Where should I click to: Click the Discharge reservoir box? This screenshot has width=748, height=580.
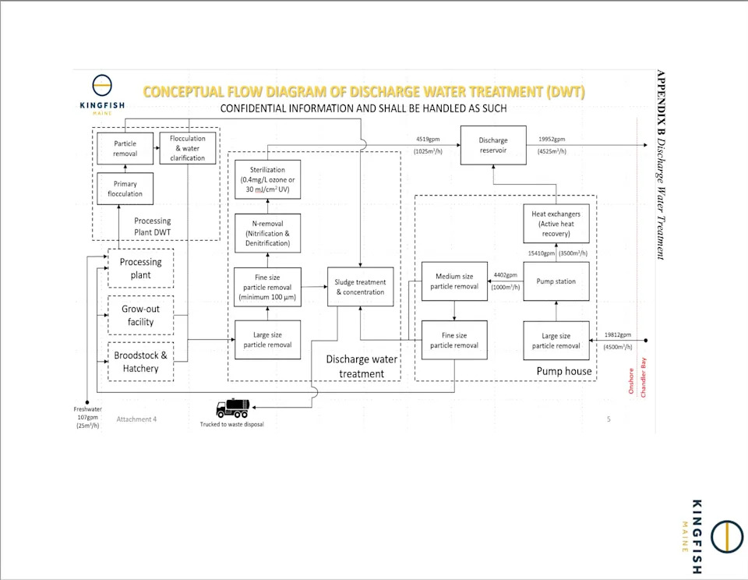pos(493,145)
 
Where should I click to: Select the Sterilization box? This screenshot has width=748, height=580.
pos(267,179)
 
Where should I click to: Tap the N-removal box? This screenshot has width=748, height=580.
pos(267,233)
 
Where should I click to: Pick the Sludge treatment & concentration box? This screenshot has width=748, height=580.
pos(361,287)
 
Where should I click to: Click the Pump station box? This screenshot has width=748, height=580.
pos(556,281)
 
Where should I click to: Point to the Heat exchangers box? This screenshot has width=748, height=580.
pos(556,224)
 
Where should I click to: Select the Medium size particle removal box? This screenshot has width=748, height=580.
pos(454,281)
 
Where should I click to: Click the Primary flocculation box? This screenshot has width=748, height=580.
pos(125,189)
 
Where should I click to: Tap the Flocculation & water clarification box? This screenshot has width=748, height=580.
pos(188,148)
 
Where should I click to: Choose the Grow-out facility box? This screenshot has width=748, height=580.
pos(141,315)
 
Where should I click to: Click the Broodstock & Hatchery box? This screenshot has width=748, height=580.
pos(141,362)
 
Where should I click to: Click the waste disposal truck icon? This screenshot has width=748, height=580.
pos(233,408)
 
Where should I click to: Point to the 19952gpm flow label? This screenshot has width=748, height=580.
pos(552,139)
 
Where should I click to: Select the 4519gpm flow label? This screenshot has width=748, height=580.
pos(428,139)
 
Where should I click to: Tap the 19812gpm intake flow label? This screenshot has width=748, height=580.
pos(618,334)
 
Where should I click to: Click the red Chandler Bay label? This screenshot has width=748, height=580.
pos(643,377)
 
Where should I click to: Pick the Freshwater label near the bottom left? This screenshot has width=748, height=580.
pos(88,409)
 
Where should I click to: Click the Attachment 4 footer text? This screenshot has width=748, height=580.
pos(136,419)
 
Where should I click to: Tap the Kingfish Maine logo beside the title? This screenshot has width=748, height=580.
pos(102,95)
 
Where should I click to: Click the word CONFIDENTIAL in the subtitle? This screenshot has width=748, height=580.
pos(253,108)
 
